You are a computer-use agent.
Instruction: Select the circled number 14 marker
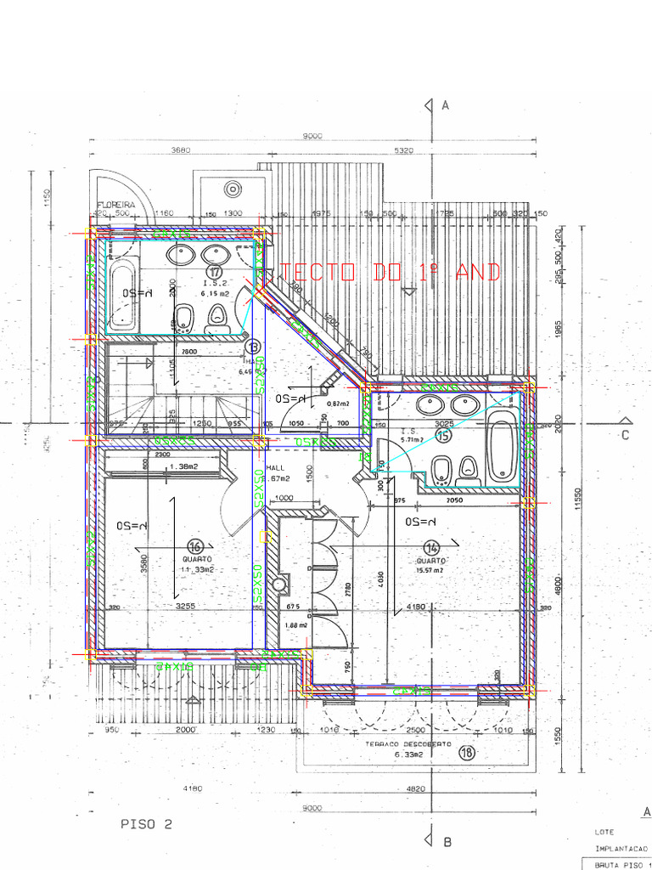[434, 548]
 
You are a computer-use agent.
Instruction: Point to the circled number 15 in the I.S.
[442, 435]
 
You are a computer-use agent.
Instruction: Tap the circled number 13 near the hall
[252, 346]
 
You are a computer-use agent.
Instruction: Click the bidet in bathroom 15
[441, 469]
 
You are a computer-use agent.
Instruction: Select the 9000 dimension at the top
[312, 137]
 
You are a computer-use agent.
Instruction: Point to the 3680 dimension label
[180, 150]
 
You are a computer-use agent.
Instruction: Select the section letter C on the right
[625, 436]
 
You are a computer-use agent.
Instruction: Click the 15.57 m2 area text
[431, 569]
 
